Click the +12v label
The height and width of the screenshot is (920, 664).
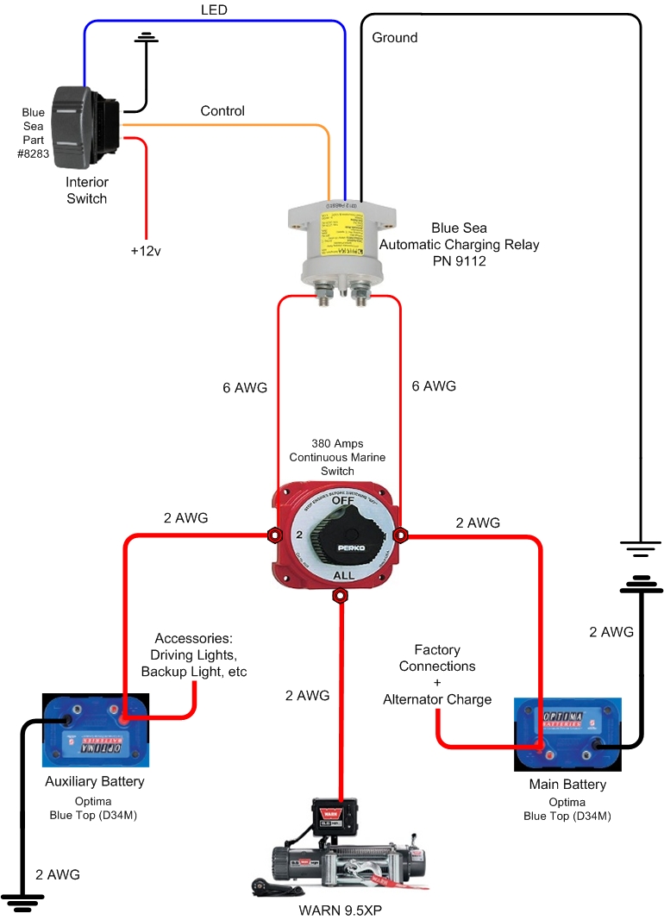[x=146, y=251]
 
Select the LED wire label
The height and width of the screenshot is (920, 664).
[x=213, y=9]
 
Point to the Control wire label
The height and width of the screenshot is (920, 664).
[x=222, y=111]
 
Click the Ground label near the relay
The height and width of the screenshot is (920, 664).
[x=395, y=38]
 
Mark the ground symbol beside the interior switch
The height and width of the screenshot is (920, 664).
[x=147, y=38]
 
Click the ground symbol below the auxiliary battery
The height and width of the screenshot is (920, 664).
[x=22, y=905]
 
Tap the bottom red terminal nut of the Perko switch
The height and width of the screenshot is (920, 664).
[x=341, y=595]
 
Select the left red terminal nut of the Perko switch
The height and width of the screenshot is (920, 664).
[x=274, y=535]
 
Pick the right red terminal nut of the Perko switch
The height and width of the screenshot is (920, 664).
[x=400, y=535]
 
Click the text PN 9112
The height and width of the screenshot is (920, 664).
[x=459, y=260]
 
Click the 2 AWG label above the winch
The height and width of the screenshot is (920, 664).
[x=307, y=696]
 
